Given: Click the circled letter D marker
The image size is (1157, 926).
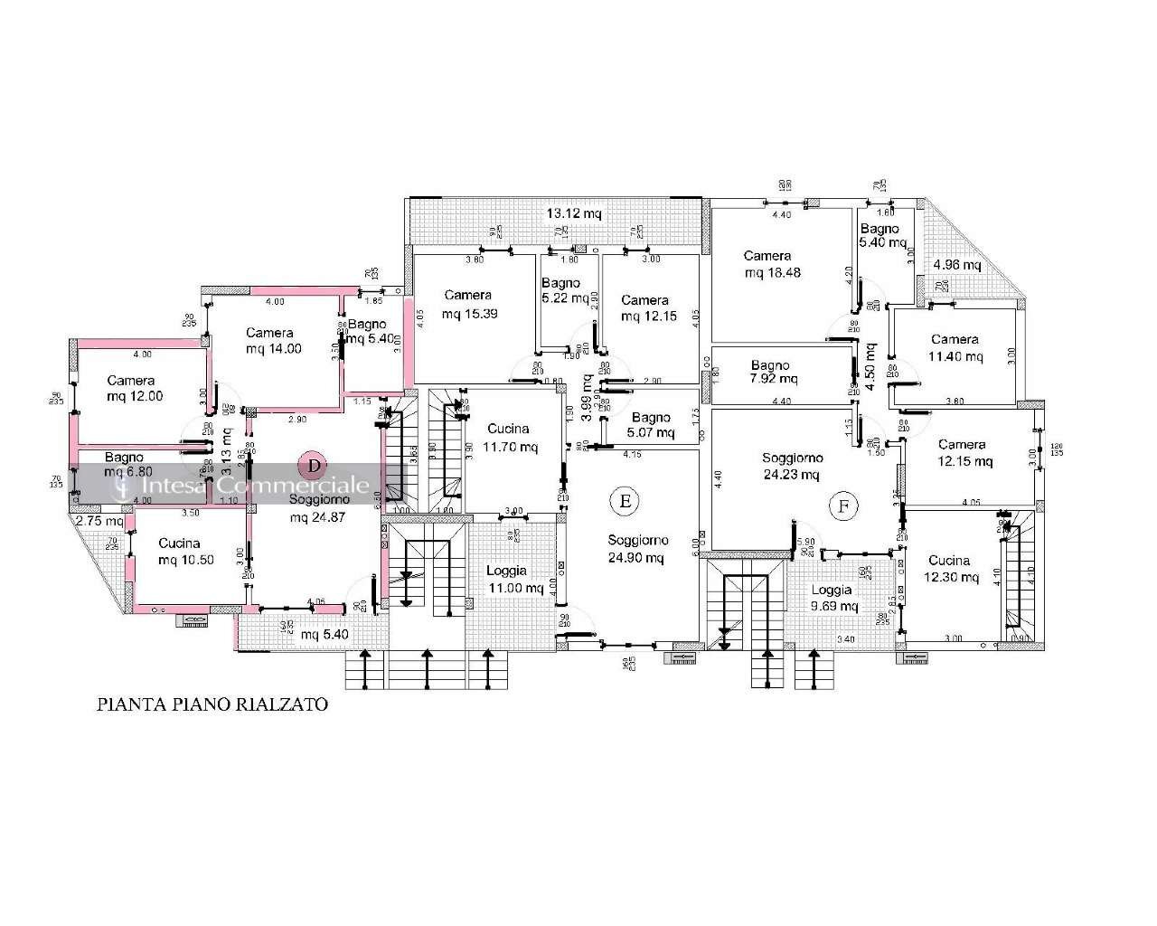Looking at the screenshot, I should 314,466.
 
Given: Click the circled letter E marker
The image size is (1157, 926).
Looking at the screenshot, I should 622,499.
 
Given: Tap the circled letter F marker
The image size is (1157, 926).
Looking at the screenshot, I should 842,506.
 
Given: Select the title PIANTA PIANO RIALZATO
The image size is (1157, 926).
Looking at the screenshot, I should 212,704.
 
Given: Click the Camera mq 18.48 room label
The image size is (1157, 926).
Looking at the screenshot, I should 767,264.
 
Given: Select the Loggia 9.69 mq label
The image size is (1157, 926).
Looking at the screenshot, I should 831,598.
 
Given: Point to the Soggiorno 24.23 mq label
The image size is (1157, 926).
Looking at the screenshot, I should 790,466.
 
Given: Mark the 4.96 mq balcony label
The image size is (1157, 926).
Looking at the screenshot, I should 956,265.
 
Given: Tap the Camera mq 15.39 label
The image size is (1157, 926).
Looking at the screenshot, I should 468,305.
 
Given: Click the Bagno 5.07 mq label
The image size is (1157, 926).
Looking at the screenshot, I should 651,425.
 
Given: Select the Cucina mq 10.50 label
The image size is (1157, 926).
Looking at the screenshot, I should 185,552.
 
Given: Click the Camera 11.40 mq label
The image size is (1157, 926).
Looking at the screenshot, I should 955,348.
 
